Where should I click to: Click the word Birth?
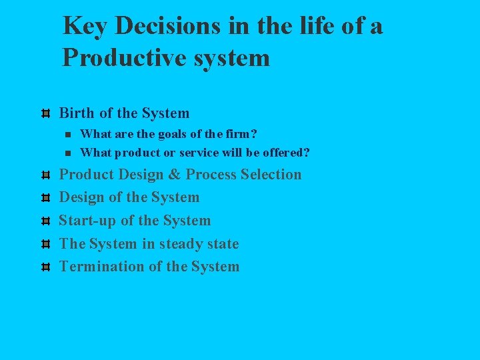click(x=77, y=113)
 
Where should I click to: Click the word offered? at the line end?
click(x=286, y=153)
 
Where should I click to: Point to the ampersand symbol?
click(x=175, y=175)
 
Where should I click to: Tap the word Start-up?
click(x=88, y=221)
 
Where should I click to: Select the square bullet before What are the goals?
click(x=67, y=134)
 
